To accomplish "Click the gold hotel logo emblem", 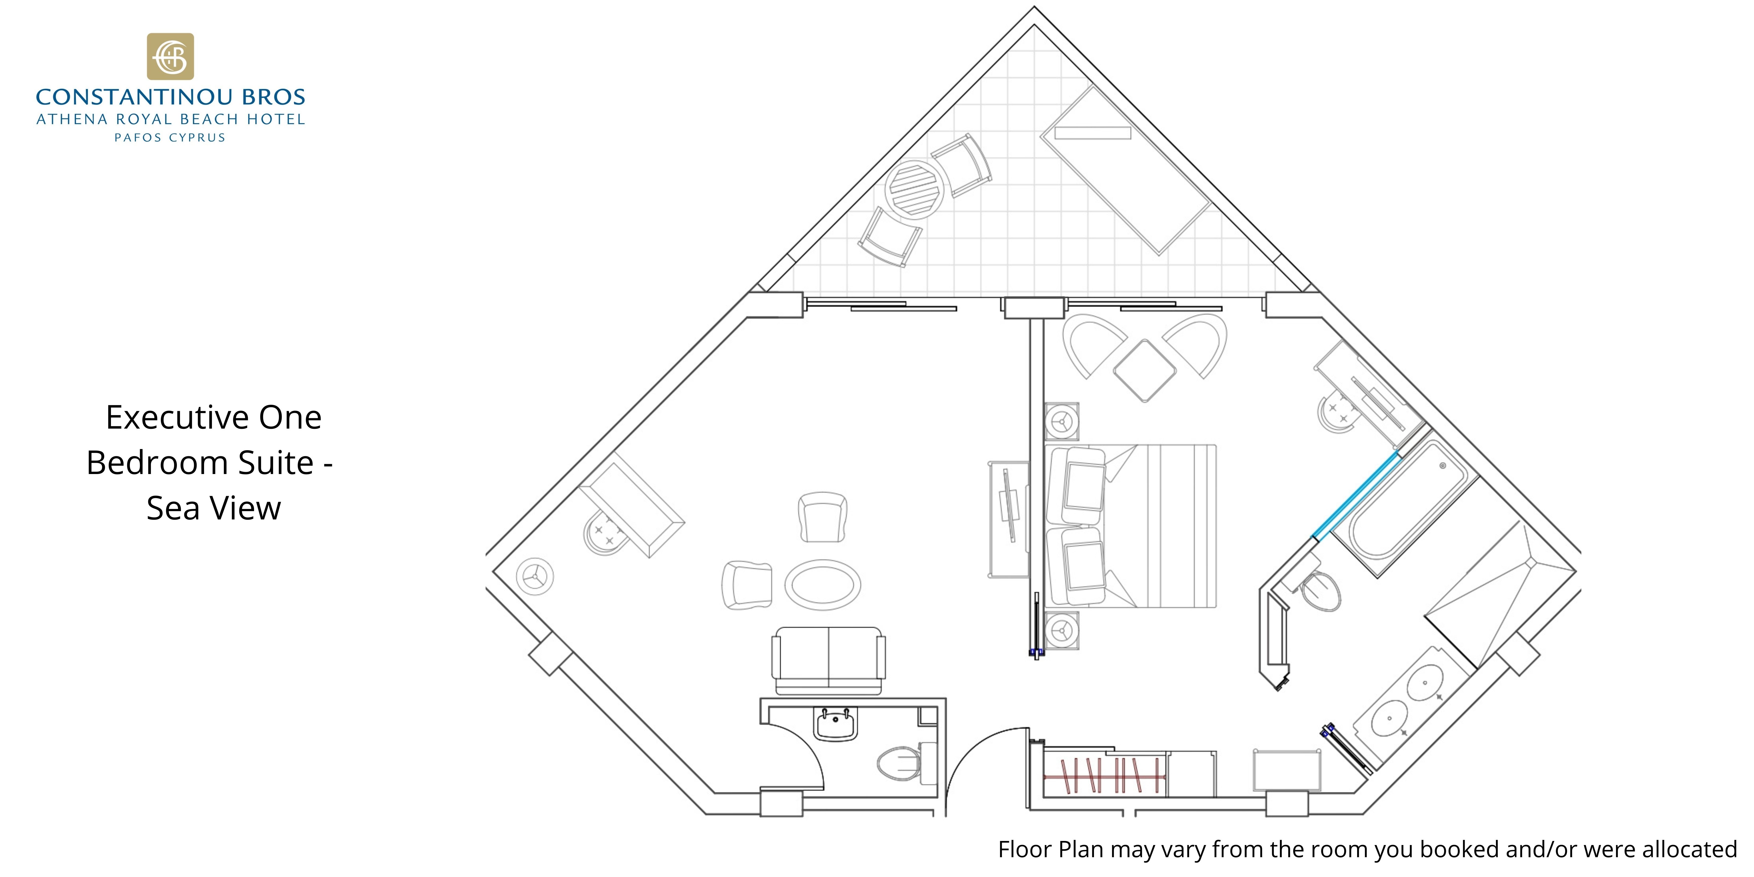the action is click(x=170, y=57).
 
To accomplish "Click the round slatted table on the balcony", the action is click(x=915, y=189).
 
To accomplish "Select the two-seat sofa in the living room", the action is click(x=829, y=661).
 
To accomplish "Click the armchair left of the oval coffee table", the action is click(x=747, y=585).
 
